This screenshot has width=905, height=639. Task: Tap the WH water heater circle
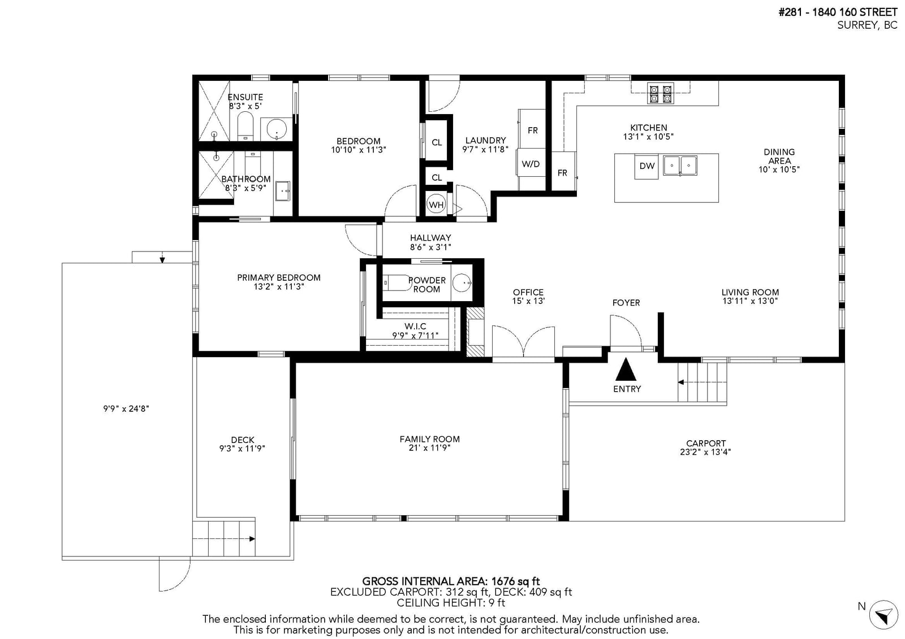[x=436, y=205]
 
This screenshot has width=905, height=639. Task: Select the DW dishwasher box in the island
[x=647, y=166]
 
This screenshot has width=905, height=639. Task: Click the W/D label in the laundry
[x=531, y=164]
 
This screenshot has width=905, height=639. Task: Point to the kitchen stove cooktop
[x=660, y=93]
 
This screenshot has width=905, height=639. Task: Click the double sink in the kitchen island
[x=680, y=166]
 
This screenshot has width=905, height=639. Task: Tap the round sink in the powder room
[x=462, y=282]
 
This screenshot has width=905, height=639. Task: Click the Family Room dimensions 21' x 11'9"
[x=429, y=447]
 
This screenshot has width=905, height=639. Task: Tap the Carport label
[x=706, y=443]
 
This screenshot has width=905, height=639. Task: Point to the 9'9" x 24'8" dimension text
[x=126, y=408]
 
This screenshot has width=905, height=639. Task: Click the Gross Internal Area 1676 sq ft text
[x=451, y=581]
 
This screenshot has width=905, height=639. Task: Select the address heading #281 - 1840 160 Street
[x=838, y=12]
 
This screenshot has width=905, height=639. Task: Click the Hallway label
[x=430, y=238]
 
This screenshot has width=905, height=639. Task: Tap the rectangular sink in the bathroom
[x=283, y=190]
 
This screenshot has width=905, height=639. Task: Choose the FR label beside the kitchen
[x=562, y=173]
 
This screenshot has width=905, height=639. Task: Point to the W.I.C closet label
[x=415, y=326]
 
